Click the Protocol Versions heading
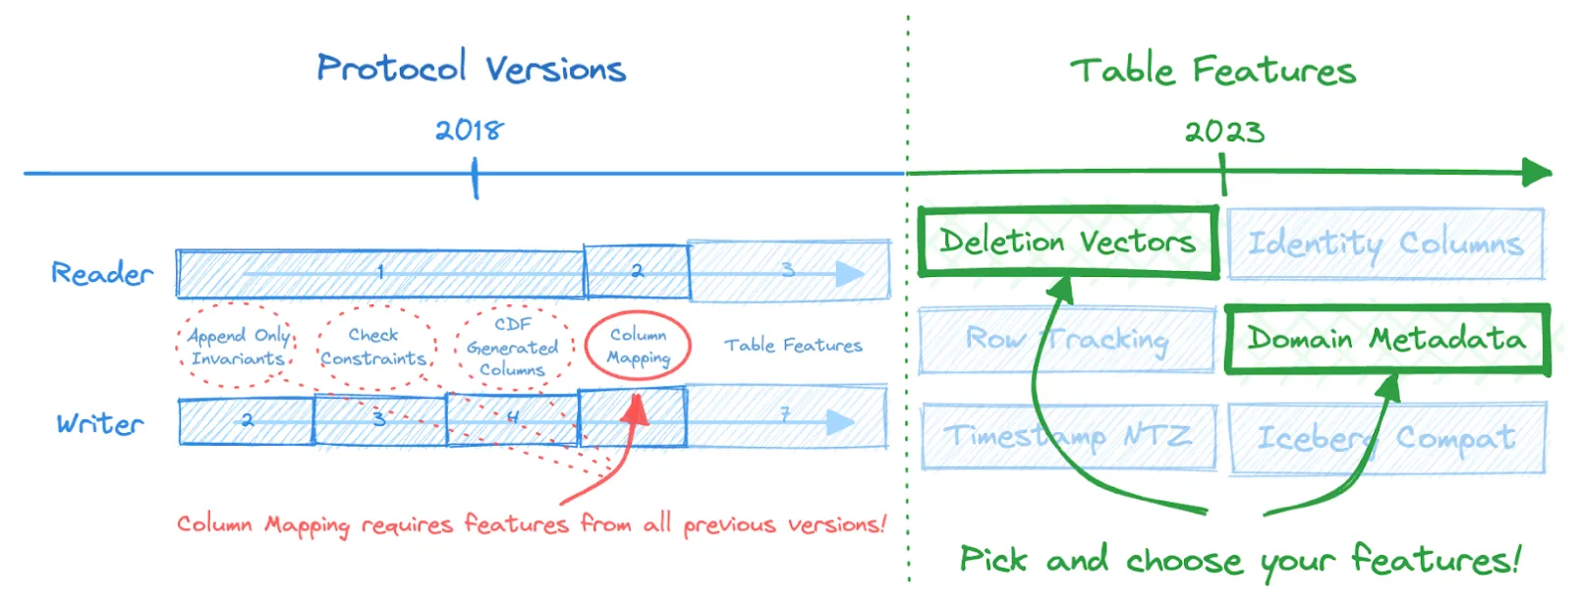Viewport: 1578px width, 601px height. coord(471,68)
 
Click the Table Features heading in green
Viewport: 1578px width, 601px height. coord(1212,70)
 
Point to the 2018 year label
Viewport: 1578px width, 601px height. coord(469,130)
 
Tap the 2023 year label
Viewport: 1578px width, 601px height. coord(1223,131)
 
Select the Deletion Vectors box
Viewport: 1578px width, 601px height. coord(1068,242)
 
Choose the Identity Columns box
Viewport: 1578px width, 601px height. coord(1385,243)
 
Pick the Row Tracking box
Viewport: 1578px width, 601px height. coord(1068,340)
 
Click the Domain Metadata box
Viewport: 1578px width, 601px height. coord(1386,340)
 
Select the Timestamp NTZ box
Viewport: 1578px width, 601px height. coord(1068,436)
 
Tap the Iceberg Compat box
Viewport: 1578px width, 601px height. coord(1386,437)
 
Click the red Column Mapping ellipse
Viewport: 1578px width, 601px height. coord(638,346)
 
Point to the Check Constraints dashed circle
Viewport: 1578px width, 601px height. coord(374,347)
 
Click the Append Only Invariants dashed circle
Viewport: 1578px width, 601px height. coord(238,347)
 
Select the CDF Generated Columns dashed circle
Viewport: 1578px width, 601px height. coord(513,347)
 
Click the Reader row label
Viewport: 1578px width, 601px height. coord(102,273)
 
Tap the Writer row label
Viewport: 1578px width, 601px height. coord(99,424)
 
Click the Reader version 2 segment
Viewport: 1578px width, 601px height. coord(637,272)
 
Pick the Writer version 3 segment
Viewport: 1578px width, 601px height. coord(379,420)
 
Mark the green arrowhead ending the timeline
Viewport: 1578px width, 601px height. coord(1537,173)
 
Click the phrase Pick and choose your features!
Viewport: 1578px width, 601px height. coord(1240,560)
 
